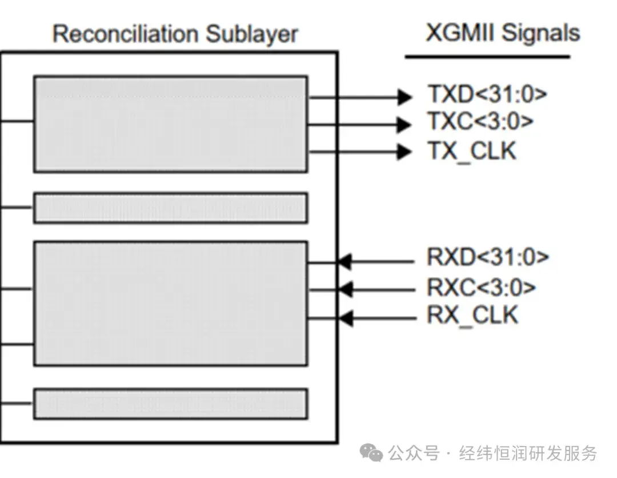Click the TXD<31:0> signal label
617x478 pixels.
487,94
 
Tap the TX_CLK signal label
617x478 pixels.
472,151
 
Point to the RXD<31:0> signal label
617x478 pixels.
487,258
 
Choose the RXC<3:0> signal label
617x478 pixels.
481,288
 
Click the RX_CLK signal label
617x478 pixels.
472,316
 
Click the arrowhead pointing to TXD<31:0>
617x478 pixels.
404,97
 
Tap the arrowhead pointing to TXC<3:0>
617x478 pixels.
404,124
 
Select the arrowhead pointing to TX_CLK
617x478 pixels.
404,152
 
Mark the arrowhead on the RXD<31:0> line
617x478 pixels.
344,262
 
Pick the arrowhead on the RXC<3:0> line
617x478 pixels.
344,290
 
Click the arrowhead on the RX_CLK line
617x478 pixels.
344,317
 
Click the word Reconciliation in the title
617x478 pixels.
126,34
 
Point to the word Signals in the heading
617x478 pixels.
540,33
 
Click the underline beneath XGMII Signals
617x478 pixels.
487,57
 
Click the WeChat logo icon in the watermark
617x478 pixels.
371,453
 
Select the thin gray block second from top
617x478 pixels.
170,208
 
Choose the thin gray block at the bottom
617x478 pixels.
170,404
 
